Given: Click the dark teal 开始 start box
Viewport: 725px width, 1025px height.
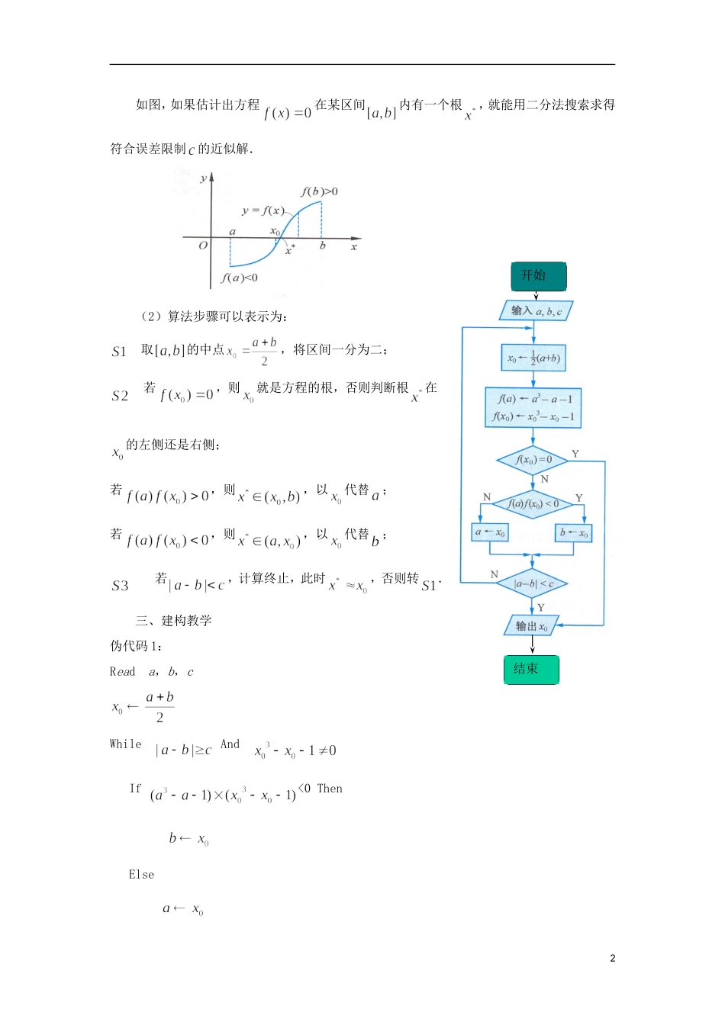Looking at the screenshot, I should click(538, 276).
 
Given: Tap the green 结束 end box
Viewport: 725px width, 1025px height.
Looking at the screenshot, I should click(531, 670).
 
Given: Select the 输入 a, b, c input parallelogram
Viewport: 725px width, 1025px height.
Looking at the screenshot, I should click(536, 311).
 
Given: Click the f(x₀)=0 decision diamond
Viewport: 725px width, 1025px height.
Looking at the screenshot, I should click(533, 460).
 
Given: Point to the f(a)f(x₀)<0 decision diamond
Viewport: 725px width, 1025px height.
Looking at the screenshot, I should click(533, 504).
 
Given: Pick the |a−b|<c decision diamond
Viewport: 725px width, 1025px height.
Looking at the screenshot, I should click(533, 584).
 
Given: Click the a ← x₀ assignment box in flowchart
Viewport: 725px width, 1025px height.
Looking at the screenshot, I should click(490, 532).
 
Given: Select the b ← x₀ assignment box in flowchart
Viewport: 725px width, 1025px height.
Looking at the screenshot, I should click(573, 532).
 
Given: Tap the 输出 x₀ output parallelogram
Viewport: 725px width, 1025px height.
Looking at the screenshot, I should click(532, 626).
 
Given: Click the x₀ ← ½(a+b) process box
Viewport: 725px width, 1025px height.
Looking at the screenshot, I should click(533, 358).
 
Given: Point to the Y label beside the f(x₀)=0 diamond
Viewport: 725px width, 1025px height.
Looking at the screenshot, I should click(575, 454).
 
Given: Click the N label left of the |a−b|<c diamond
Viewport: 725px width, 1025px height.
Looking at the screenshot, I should click(495, 574).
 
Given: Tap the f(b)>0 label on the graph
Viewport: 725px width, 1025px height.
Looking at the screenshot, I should click(319, 191).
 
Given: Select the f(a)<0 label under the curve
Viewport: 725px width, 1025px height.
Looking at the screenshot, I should click(239, 278).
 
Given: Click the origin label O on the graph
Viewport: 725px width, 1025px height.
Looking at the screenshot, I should click(203, 246).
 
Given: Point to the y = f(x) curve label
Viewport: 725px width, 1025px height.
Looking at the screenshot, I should click(263, 210).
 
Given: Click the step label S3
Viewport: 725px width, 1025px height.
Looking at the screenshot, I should click(120, 586).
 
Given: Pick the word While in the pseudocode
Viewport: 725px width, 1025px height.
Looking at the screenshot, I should click(126, 744).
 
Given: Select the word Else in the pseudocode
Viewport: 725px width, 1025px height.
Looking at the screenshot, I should click(141, 875).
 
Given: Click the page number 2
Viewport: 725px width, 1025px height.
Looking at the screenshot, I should click(612, 959).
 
